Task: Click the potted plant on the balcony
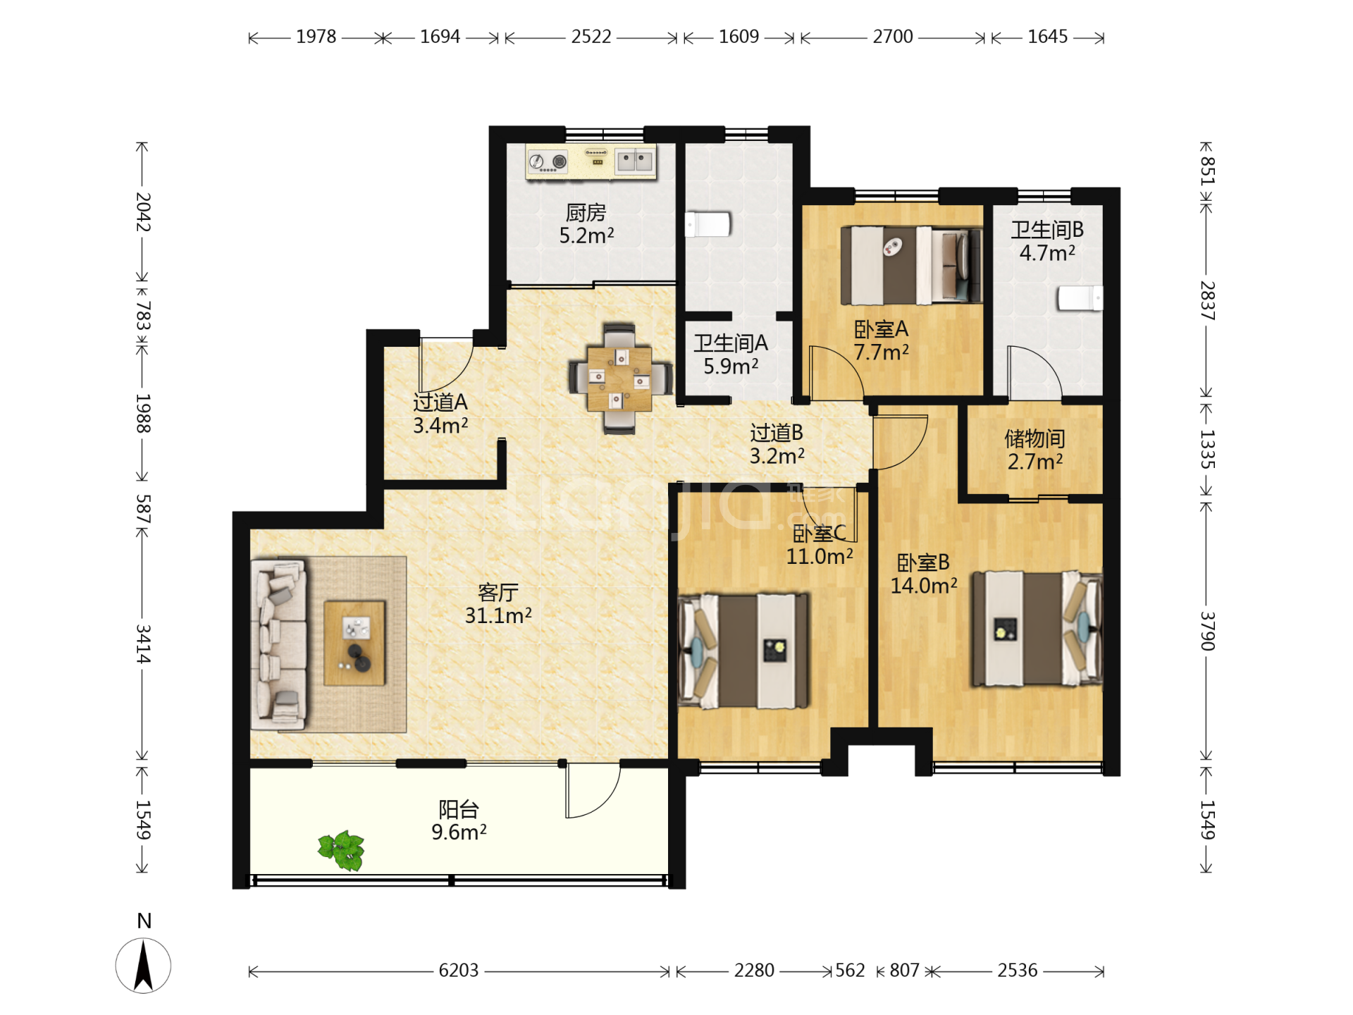click(x=342, y=850)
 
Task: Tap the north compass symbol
click(x=143, y=965)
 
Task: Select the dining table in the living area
click(x=619, y=379)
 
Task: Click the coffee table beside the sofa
click(x=354, y=644)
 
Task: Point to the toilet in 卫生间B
click(x=1079, y=298)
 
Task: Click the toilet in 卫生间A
click(x=708, y=225)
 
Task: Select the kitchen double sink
click(x=635, y=161)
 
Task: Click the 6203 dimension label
click(x=459, y=971)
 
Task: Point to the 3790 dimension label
click(x=1208, y=631)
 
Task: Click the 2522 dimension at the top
click(x=591, y=37)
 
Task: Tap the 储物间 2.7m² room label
click(x=1034, y=450)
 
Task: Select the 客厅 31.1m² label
click(x=498, y=604)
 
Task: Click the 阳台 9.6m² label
click(x=459, y=820)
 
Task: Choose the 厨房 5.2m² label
click(x=586, y=223)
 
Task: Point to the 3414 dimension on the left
click(x=143, y=644)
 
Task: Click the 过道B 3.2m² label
click(x=777, y=444)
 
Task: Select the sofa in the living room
click(x=279, y=644)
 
